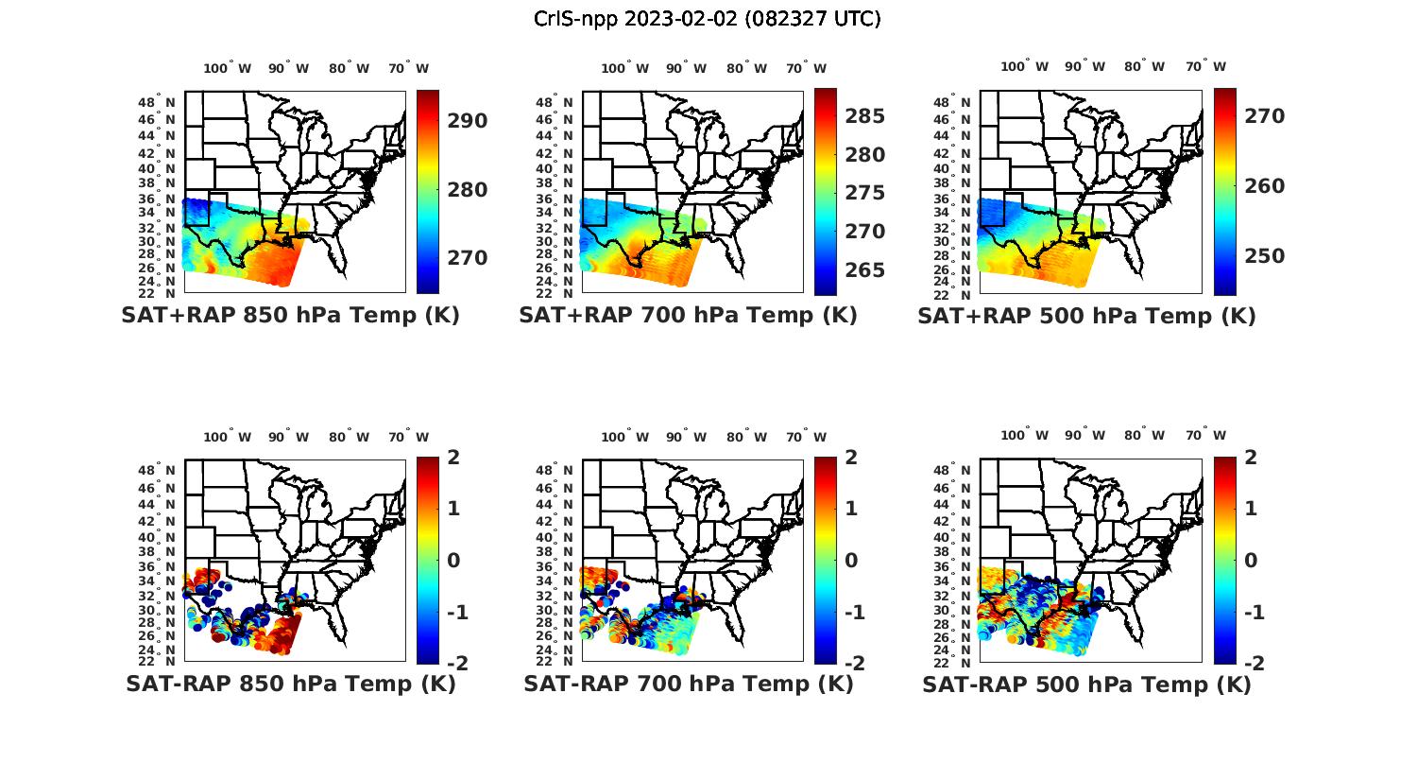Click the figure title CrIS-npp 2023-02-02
[x=707, y=19]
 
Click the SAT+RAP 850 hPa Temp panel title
[x=290, y=316]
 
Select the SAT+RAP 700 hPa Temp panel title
[x=688, y=316]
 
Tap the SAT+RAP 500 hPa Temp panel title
[x=1086, y=316]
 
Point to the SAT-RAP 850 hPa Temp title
[x=290, y=685]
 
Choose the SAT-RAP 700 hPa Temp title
[x=688, y=685]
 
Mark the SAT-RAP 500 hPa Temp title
[x=1086, y=685]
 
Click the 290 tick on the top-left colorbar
[x=468, y=121]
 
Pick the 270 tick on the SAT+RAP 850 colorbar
[x=468, y=258]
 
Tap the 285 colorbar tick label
[x=865, y=116]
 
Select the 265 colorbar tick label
[x=865, y=270]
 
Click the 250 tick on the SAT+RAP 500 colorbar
[x=1264, y=256]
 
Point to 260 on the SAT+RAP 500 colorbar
[x=1264, y=186]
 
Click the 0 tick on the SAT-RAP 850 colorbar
[x=453, y=561]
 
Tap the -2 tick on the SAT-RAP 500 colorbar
[x=1254, y=663]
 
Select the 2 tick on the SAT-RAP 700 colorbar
[x=851, y=458]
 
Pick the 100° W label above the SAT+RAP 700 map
[x=624, y=68]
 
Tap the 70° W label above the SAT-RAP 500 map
[x=1205, y=436]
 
